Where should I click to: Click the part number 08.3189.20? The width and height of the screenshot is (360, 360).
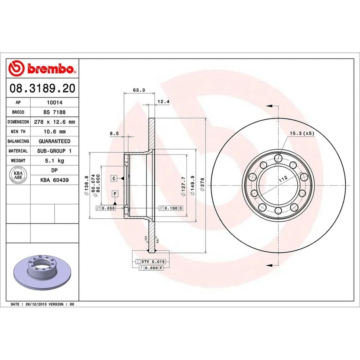pyautogui.click(x=42, y=88)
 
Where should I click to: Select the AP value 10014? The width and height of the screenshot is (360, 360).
pyautogui.click(x=54, y=102)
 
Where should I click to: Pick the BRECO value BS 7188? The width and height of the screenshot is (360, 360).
pyautogui.click(x=54, y=112)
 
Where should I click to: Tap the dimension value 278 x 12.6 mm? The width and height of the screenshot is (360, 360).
pyautogui.click(x=54, y=122)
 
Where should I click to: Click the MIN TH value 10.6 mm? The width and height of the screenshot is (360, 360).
pyautogui.click(x=54, y=132)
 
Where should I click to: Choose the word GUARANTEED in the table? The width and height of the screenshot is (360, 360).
pyautogui.click(x=54, y=141)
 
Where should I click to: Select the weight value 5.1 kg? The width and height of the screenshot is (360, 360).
pyautogui.click(x=54, y=160)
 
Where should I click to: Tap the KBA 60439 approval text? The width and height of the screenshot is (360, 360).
pyautogui.click(x=54, y=180)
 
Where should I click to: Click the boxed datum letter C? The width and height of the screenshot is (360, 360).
pyautogui.click(x=113, y=178)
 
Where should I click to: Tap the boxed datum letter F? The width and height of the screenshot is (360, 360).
pyautogui.click(x=115, y=194)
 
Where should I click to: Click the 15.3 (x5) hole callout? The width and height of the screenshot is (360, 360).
pyautogui.click(x=301, y=133)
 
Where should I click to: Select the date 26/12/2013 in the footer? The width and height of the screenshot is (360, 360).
pyautogui.click(x=37, y=304)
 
